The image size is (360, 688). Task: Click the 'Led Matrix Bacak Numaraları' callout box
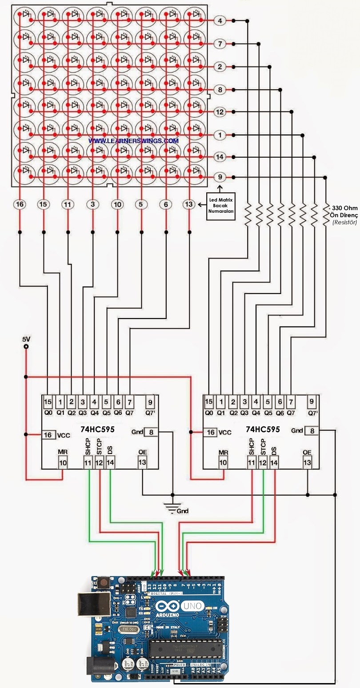click(x=221, y=206)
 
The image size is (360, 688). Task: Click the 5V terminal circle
click(x=26, y=347)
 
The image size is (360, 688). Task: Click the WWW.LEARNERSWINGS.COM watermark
click(x=133, y=140)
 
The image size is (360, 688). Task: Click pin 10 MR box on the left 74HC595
click(x=63, y=462)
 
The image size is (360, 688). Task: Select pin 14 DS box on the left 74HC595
click(x=110, y=462)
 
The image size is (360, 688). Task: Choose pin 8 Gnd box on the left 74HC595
click(x=151, y=432)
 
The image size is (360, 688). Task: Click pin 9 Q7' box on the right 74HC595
click(x=312, y=402)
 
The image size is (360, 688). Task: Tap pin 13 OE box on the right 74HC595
click(x=307, y=462)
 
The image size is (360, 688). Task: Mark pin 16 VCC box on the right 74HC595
click(x=211, y=432)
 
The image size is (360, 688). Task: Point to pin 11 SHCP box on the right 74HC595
click(x=252, y=462)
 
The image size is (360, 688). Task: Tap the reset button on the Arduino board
click(x=104, y=582)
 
